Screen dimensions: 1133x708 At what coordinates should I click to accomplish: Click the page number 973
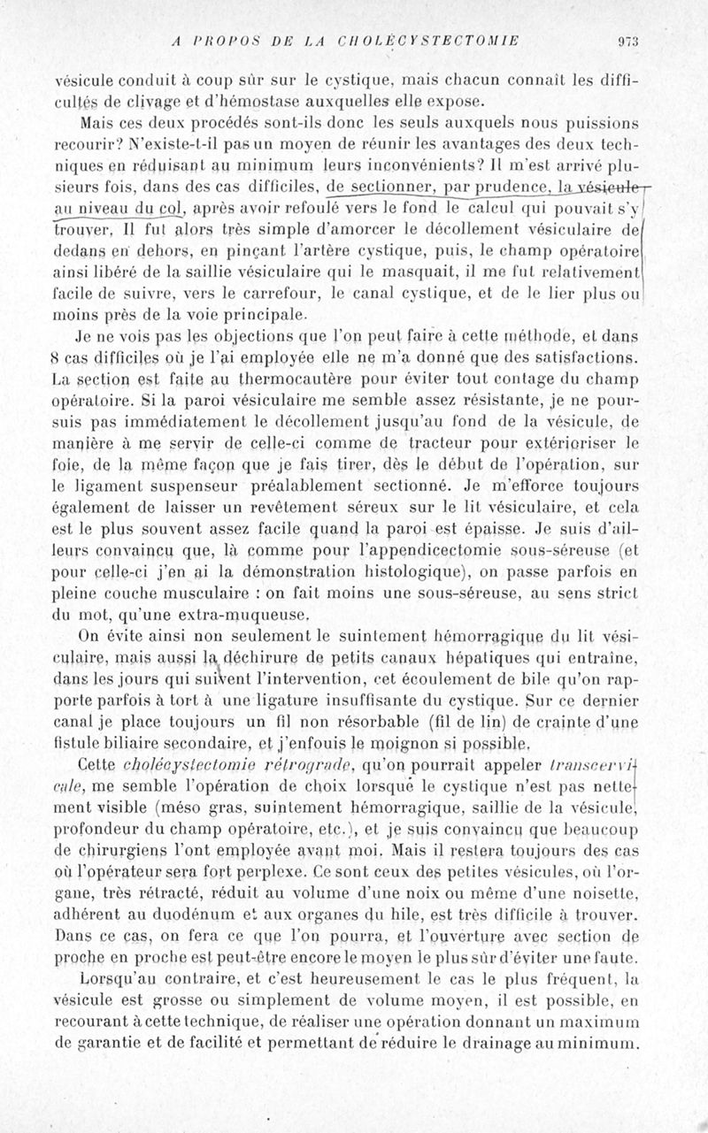tap(628, 41)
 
